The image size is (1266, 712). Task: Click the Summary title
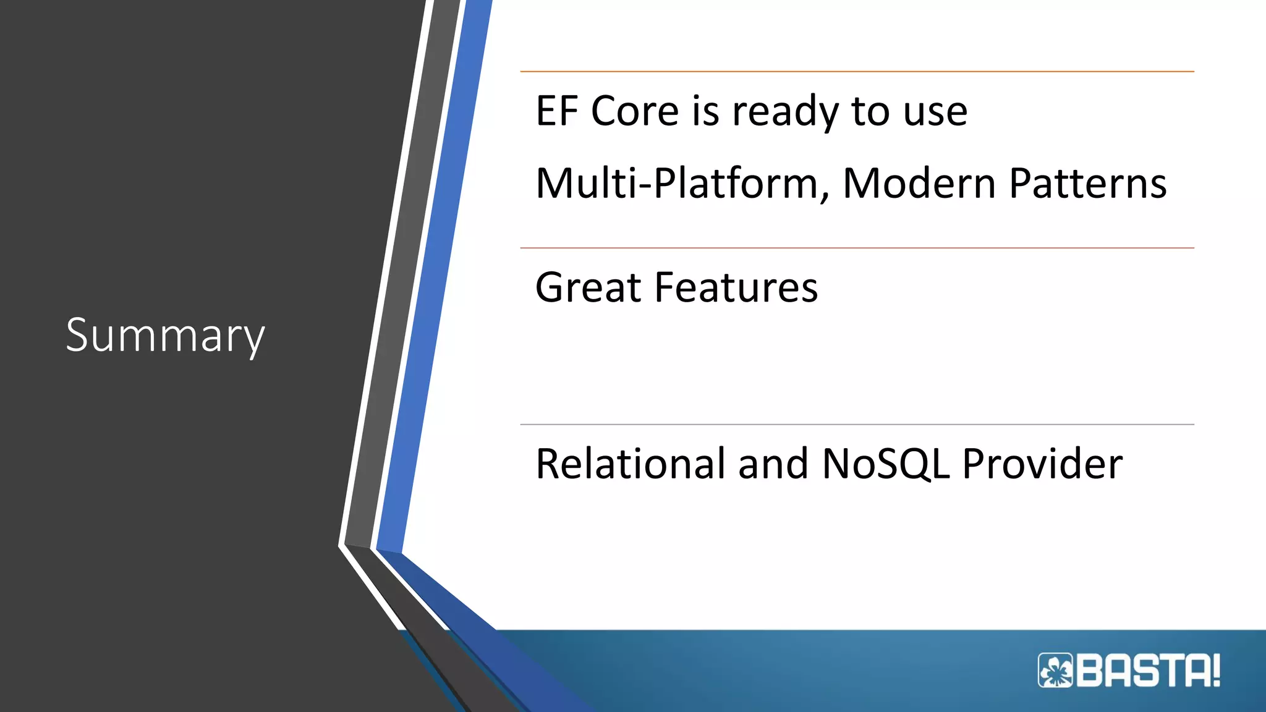[x=165, y=336]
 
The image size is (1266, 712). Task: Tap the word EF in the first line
[x=556, y=111]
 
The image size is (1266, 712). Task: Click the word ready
[x=784, y=112]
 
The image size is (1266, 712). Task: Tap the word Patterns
[x=1088, y=184]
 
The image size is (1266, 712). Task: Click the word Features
[x=736, y=288]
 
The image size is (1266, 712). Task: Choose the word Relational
[x=631, y=464]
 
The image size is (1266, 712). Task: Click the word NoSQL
[x=885, y=464]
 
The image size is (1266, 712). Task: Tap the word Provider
[x=1042, y=464]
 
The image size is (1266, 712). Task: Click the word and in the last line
[x=773, y=464]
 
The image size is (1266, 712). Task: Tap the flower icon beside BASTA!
[x=1056, y=671]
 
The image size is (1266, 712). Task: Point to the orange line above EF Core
[x=857, y=72]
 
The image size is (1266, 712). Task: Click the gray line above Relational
[x=857, y=425]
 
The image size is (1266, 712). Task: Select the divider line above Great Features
[x=857, y=248]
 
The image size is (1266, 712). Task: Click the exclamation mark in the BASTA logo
[x=1215, y=671]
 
